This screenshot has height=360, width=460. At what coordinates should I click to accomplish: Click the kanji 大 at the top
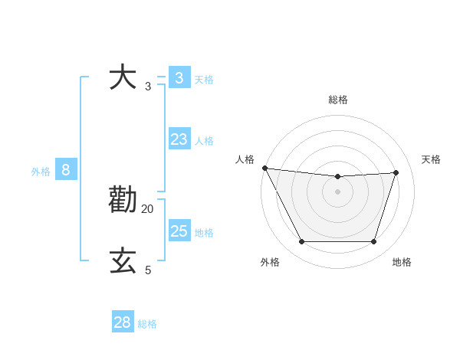[123, 77]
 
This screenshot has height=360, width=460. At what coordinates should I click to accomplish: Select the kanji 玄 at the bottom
[123, 260]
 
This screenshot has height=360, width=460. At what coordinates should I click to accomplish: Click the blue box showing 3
[179, 77]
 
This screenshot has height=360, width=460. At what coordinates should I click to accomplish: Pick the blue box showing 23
[179, 139]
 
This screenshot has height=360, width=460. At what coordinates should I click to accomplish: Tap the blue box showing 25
[179, 231]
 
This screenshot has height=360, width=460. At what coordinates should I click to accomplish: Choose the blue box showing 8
[66, 170]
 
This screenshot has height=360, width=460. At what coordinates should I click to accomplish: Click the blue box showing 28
[123, 322]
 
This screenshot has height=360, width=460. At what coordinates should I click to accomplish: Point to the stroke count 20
[148, 208]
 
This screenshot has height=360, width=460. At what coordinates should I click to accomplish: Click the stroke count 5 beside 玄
[148, 270]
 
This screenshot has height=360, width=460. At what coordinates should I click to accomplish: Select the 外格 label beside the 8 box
[41, 172]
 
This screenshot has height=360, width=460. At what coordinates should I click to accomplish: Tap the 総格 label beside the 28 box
[147, 324]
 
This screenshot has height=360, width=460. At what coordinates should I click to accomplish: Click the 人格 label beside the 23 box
[204, 141]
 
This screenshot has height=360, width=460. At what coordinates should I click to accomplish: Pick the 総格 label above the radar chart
[337, 100]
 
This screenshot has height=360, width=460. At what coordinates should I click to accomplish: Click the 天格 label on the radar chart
[431, 159]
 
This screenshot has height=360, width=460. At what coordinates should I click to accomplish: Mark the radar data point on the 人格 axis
[264, 168]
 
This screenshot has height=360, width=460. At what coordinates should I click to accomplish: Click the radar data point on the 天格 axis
[396, 172]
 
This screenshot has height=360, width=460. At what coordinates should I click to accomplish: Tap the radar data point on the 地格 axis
[373, 241]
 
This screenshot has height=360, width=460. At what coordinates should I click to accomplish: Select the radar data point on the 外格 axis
[301, 241]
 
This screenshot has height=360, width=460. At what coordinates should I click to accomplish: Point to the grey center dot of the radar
[337, 191]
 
